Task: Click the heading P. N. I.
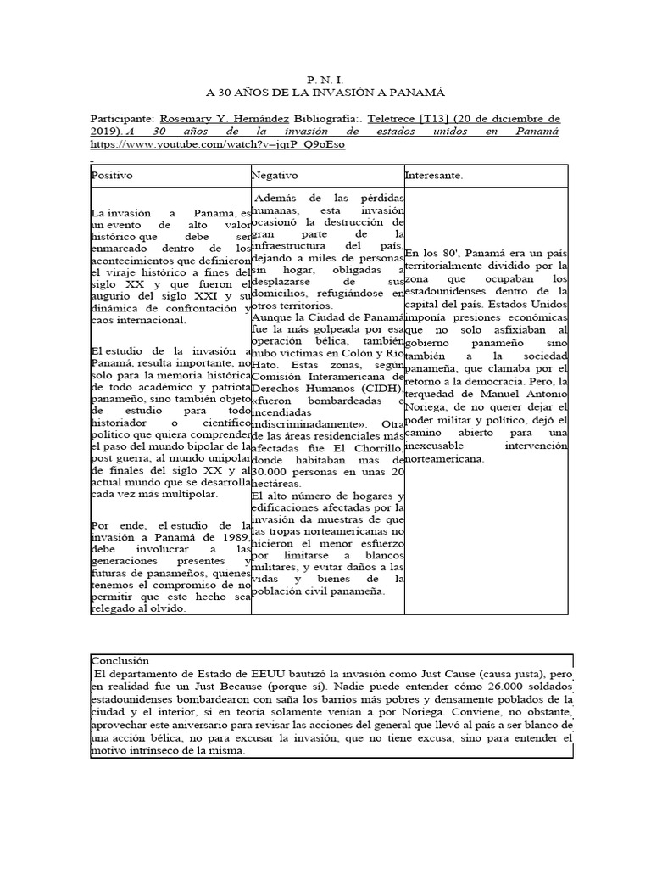pos(325,77)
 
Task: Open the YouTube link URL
pos(217,144)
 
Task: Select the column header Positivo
pos(113,175)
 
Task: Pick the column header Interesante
pos(434,175)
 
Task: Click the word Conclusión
pos(120,660)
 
